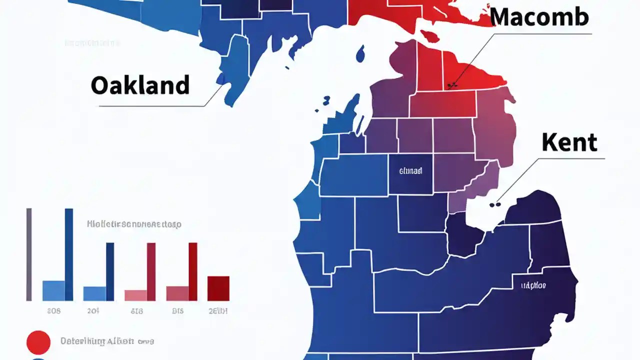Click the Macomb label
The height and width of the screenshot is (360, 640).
[539, 17]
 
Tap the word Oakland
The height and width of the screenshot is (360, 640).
[140, 85]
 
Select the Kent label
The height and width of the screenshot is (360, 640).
[569, 143]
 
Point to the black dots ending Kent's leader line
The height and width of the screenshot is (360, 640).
[494, 204]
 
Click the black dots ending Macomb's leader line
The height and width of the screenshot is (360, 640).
[452, 85]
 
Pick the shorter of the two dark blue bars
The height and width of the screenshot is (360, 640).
[110, 271]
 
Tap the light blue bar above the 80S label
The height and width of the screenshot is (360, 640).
[53, 290]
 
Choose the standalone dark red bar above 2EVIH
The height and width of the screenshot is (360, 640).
[218, 288]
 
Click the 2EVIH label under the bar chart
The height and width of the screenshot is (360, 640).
[218, 311]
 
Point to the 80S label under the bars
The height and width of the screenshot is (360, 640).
[53, 311]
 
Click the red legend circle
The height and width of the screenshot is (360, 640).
[38, 342]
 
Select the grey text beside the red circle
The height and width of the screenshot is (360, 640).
[107, 341]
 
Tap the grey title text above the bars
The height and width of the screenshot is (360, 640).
[134, 224]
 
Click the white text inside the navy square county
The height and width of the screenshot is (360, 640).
[410, 171]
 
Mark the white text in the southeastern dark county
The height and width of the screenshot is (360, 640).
[533, 285]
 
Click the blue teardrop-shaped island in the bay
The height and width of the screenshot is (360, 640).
[360, 53]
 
